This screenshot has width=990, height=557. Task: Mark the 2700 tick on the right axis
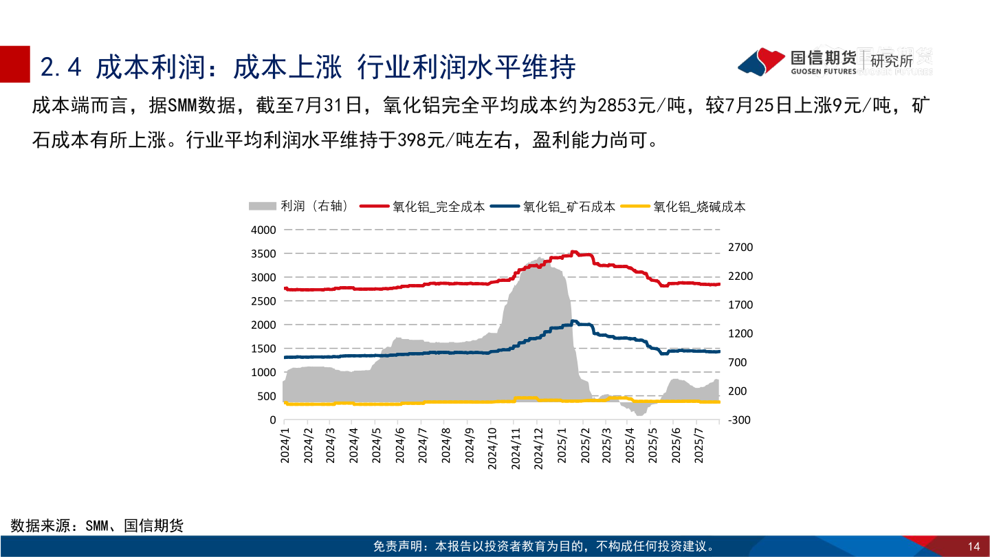tap(740, 247)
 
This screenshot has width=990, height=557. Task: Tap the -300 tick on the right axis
tap(740, 419)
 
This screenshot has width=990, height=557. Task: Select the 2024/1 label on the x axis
tap(286, 448)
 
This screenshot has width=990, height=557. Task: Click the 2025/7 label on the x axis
tap(701, 448)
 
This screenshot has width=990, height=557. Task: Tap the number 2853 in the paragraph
tap(620, 106)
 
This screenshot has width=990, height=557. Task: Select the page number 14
tap(973, 547)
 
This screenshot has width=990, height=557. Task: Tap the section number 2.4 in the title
tap(62, 67)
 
